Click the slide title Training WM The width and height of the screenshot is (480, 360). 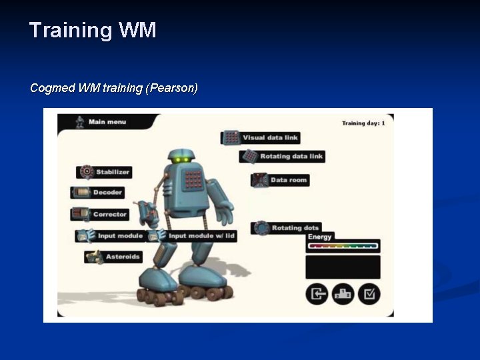pyautogui.click(x=93, y=30)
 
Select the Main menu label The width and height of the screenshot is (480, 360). pyautogui.click(x=107, y=122)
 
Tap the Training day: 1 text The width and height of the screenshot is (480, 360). pyautogui.click(x=363, y=123)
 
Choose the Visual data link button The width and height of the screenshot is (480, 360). pyautogui.click(x=261, y=137)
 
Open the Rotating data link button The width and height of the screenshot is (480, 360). pyautogui.click(x=282, y=156)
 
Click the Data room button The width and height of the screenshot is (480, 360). pyautogui.click(x=281, y=179)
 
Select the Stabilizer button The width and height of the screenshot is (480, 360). pyautogui.click(x=104, y=172)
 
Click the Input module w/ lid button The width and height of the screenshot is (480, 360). pyautogui.click(x=193, y=235)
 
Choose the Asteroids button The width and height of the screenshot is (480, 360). pyautogui.click(x=114, y=257)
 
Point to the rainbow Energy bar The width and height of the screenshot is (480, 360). pyautogui.click(x=343, y=246)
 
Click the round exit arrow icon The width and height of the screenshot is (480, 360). pyautogui.click(x=317, y=293)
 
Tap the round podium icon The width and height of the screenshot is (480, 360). pyautogui.click(x=343, y=293)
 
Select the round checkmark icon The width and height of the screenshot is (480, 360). pyautogui.click(x=369, y=293)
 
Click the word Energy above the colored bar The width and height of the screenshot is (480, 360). pyautogui.click(x=320, y=237)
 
